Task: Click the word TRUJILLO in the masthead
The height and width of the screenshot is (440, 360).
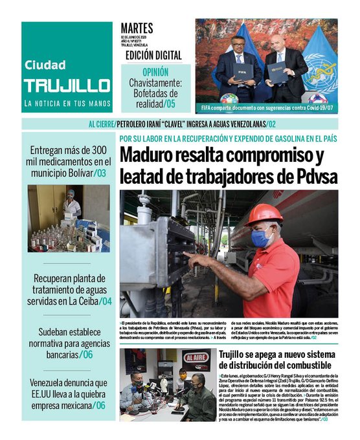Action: pos(67,86)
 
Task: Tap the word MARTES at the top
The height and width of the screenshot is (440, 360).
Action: pos(137,28)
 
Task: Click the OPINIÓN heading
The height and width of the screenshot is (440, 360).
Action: pos(155,72)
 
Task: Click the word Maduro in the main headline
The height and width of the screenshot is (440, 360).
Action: pos(155,155)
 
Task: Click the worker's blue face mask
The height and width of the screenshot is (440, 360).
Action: pos(261,238)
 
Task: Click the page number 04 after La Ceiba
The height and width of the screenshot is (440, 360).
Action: pos(106,301)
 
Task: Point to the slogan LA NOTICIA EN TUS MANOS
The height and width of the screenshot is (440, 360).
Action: pos(67,104)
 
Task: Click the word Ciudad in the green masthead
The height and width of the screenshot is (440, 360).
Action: pos(45,65)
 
